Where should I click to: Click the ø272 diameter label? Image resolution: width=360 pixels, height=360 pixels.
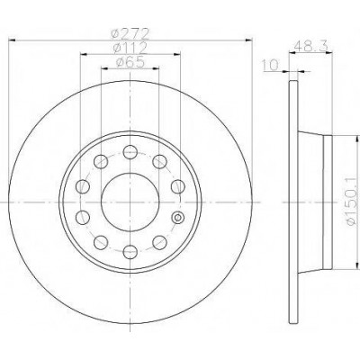pos(130,33)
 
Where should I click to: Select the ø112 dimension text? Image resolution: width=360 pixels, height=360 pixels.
pos(130,48)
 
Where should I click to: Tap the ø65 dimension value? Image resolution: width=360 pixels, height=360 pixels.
pos(130,62)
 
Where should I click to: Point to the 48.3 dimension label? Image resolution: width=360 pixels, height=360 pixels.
pos(310,47)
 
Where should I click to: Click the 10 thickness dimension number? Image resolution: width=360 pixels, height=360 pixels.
pos(270,65)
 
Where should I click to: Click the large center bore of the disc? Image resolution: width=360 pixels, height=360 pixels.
pos(130,202)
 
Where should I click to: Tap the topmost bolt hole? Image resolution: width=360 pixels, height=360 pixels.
pos(130,152)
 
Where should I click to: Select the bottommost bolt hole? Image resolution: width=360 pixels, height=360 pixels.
pos(130,252)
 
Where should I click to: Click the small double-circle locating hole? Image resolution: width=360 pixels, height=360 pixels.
pos(178,217)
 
